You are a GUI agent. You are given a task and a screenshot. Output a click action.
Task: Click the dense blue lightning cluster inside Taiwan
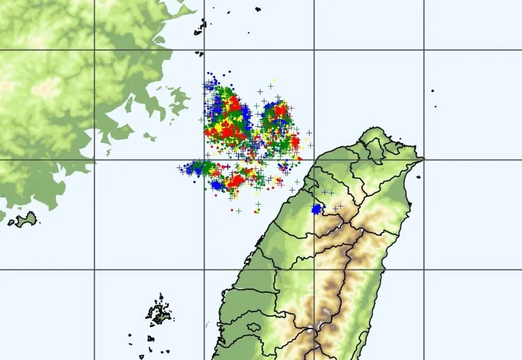coord(317,209)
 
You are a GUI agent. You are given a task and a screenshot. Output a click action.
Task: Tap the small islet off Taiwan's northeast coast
coord(419,177)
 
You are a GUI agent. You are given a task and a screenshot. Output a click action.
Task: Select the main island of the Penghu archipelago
coord(159,313)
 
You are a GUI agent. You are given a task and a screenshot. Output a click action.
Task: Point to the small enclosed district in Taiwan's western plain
coord(254,327)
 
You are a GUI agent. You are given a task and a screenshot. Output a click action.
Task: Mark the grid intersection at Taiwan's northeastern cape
coord(424,160)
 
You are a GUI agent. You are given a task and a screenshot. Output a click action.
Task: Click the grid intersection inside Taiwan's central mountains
coord(314,270)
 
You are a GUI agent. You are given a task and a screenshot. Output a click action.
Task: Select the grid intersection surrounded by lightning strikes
coord(205,160)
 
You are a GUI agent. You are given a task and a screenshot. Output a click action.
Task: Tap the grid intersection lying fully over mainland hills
coord(94,50)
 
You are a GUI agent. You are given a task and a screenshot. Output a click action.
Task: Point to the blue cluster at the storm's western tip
coord(193,169)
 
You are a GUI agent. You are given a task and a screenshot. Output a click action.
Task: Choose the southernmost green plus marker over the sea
coord(238,211)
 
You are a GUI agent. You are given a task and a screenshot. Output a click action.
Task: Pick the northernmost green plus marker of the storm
coord(270,86)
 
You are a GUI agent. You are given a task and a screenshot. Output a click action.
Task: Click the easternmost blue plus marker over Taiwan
coord(340,206)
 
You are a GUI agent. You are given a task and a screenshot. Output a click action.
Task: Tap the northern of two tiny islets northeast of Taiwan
coord(432,91)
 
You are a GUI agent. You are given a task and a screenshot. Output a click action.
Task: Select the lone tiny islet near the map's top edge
coord(258,9)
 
